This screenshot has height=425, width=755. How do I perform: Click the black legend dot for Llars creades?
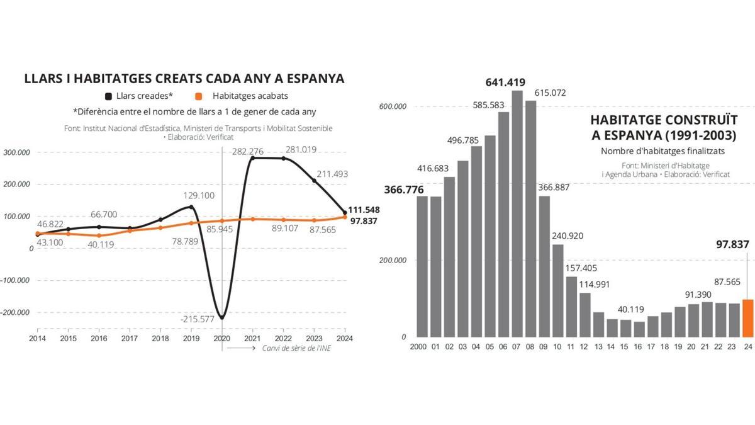[x=108, y=96]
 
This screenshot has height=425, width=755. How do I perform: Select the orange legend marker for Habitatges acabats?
[x=198, y=96]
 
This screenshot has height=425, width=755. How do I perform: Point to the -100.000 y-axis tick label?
[x=18, y=280]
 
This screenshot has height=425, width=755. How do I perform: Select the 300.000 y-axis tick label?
[x=18, y=152]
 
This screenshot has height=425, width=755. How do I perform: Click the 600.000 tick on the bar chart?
[x=393, y=106]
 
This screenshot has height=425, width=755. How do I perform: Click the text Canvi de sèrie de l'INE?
[x=296, y=348]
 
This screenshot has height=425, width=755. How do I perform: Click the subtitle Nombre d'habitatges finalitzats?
[x=663, y=151]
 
